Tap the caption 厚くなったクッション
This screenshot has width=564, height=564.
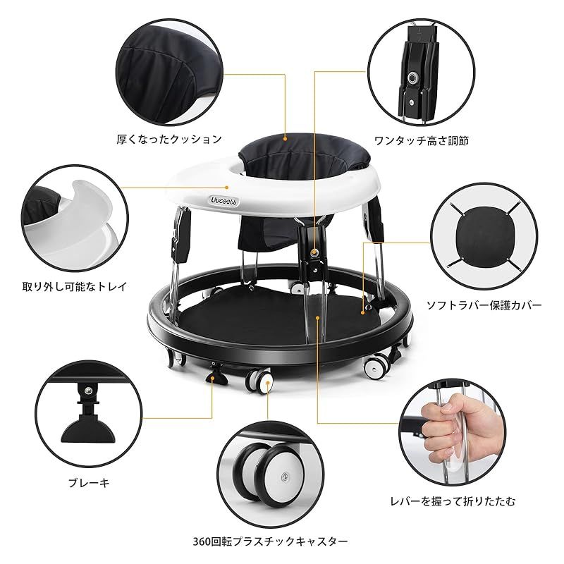pos(169,140)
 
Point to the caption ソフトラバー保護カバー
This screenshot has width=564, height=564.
pos(484,306)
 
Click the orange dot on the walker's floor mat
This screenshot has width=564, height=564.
pos(318,319)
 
